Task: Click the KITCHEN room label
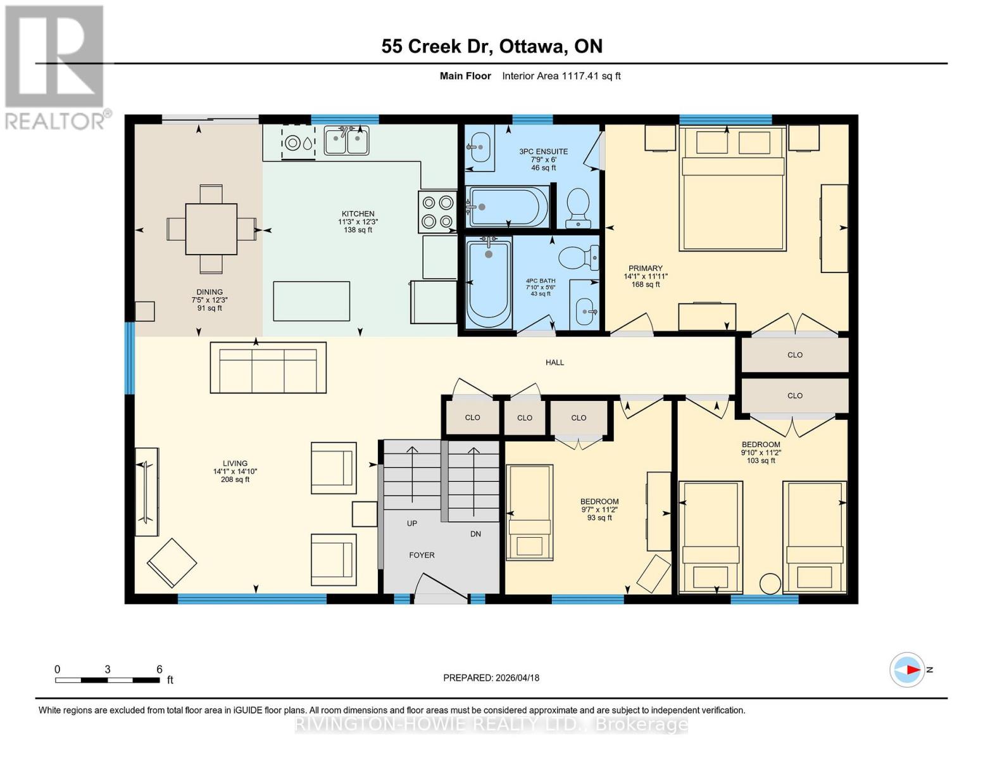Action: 358,214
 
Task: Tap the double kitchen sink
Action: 346,141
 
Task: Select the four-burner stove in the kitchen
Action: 437,212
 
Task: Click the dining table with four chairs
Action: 211,229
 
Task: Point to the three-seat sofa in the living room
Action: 268,368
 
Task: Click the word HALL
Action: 554,362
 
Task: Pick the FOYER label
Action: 422,555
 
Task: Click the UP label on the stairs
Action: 412,524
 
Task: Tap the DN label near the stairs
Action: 475,534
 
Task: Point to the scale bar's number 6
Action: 160,669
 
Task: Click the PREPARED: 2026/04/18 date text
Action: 491,678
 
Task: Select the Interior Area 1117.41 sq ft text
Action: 561,76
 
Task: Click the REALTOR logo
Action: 56,67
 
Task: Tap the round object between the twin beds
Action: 770,583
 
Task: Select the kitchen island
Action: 311,301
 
